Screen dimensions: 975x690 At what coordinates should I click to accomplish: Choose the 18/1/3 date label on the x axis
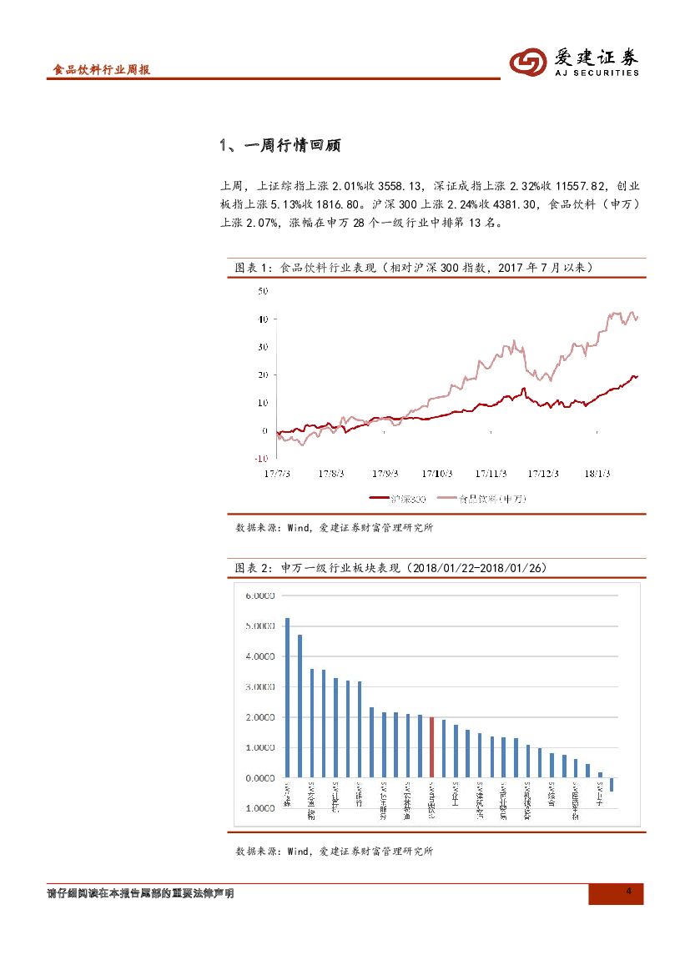(597, 473)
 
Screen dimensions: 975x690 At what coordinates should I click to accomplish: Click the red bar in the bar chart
(431, 747)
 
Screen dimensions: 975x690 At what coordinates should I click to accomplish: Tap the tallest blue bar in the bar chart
(287, 697)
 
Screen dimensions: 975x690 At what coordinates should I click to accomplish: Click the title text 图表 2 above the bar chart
(249, 568)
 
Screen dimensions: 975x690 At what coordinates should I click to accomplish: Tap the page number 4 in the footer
(628, 893)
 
